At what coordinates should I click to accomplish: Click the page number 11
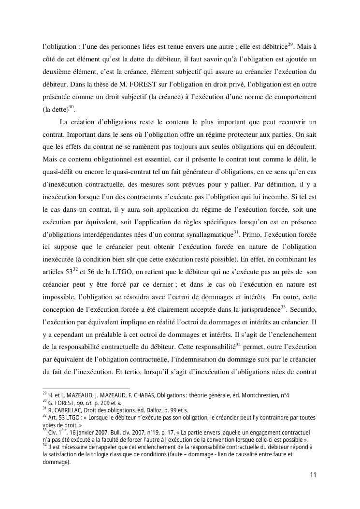pyautogui.click(x=313, y=475)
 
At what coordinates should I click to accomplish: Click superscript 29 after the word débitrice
pyautogui.click(x=290, y=45)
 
